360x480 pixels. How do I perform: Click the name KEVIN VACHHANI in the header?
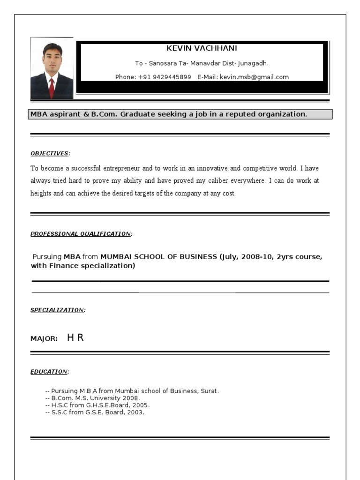point(202,48)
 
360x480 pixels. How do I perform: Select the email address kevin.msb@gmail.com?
point(254,77)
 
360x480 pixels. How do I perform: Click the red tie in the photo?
point(52,86)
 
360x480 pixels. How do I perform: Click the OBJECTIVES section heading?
point(50,153)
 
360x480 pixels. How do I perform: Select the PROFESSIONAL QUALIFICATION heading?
point(81,233)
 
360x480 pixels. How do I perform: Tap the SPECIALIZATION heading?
point(57,310)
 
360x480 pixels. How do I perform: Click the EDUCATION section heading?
point(49,372)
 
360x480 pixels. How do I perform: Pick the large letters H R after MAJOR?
point(75,337)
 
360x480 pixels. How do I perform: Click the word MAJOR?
point(44,338)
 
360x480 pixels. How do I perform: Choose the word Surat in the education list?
point(210,390)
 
